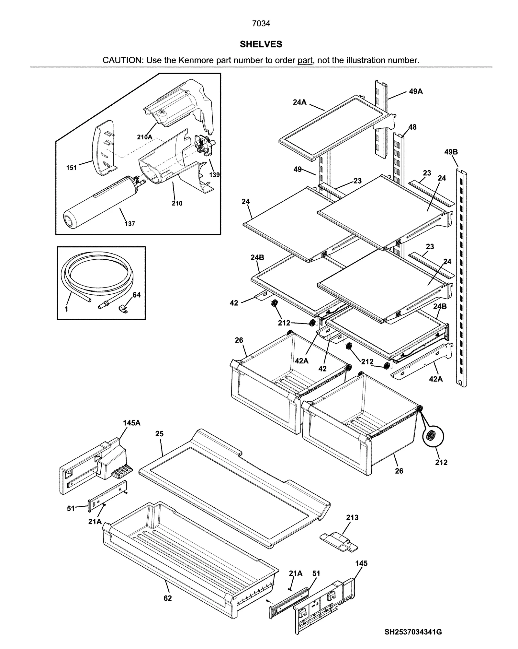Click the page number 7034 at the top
click(x=261, y=23)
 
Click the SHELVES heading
click(x=261, y=44)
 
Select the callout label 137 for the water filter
click(x=130, y=223)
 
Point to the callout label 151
click(x=71, y=168)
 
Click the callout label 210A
click(x=144, y=137)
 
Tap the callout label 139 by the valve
click(x=214, y=175)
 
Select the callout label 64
click(x=137, y=295)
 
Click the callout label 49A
click(x=416, y=91)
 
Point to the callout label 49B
click(x=451, y=152)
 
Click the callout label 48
click(x=412, y=127)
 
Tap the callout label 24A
click(x=299, y=102)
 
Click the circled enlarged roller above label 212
click(x=433, y=436)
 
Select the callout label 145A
click(x=131, y=423)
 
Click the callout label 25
click(x=159, y=433)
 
